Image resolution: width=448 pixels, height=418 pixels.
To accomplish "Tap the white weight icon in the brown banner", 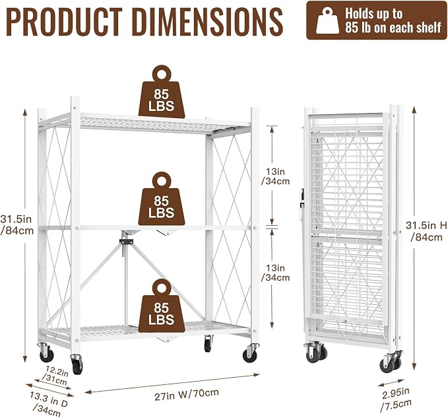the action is [327, 20].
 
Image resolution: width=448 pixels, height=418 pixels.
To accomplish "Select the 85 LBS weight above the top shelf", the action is [162, 92].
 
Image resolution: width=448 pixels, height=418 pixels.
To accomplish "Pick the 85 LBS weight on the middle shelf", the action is [162, 198].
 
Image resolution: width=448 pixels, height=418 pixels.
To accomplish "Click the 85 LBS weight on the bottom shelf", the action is [162, 305].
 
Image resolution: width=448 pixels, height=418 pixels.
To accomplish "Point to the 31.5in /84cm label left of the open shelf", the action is [16, 225].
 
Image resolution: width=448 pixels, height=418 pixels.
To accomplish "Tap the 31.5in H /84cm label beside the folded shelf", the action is [426, 231].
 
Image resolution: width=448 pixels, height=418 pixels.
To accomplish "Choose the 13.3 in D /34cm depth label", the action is [48, 403].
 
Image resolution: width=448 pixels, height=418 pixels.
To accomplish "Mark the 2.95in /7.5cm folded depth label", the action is [397, 399].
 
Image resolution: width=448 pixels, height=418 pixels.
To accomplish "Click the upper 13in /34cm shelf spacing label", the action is [275, 176].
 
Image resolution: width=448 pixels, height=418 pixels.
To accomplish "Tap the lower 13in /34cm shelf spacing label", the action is [275, 273].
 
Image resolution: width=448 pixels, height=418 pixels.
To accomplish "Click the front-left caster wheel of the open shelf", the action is [77, 364].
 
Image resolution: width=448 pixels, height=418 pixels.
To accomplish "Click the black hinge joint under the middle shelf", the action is [126, 241].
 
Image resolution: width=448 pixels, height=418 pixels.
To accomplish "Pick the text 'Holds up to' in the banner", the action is [373, 13].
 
